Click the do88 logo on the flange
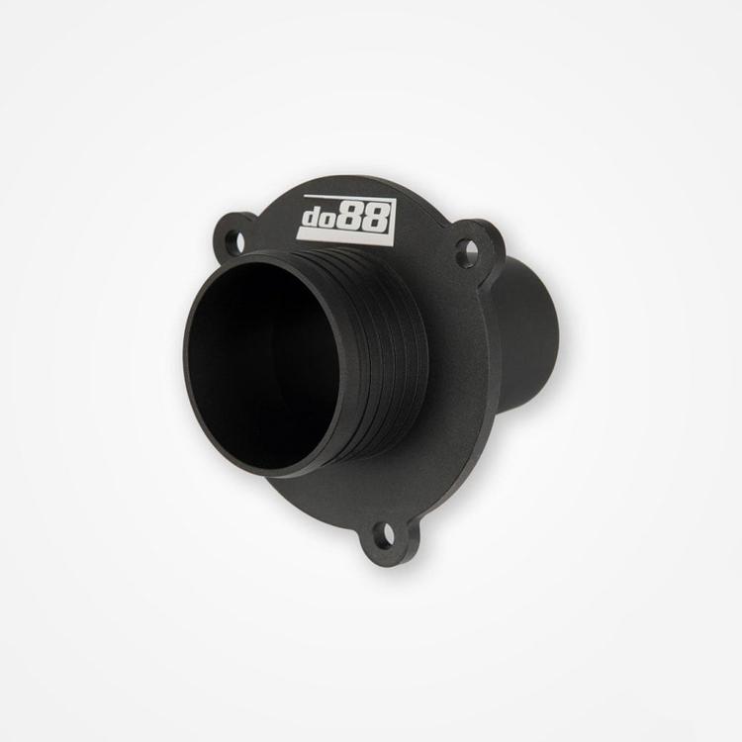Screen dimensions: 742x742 click(346, 218)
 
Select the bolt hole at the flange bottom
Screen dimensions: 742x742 click(387, 535)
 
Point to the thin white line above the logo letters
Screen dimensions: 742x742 click(346, 198)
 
